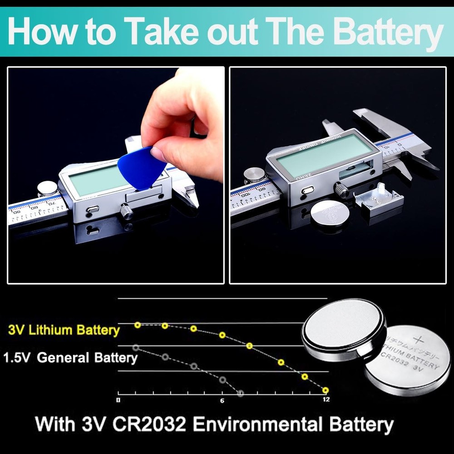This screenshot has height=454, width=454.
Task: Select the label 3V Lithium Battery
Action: tap(64, 330)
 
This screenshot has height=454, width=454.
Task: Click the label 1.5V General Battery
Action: tap(70, 358)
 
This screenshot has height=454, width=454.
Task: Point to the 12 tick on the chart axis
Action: tap(326, 400)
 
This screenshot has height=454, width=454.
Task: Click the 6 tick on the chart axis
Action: tap(222, 400)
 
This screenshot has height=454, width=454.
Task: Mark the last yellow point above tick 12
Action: tap(325, 390)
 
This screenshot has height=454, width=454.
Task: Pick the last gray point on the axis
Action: tap(240, 393)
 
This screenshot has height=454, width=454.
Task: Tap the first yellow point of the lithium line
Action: tap(137, 325)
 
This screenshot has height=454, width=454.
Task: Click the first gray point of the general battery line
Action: tap(135, 348)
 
